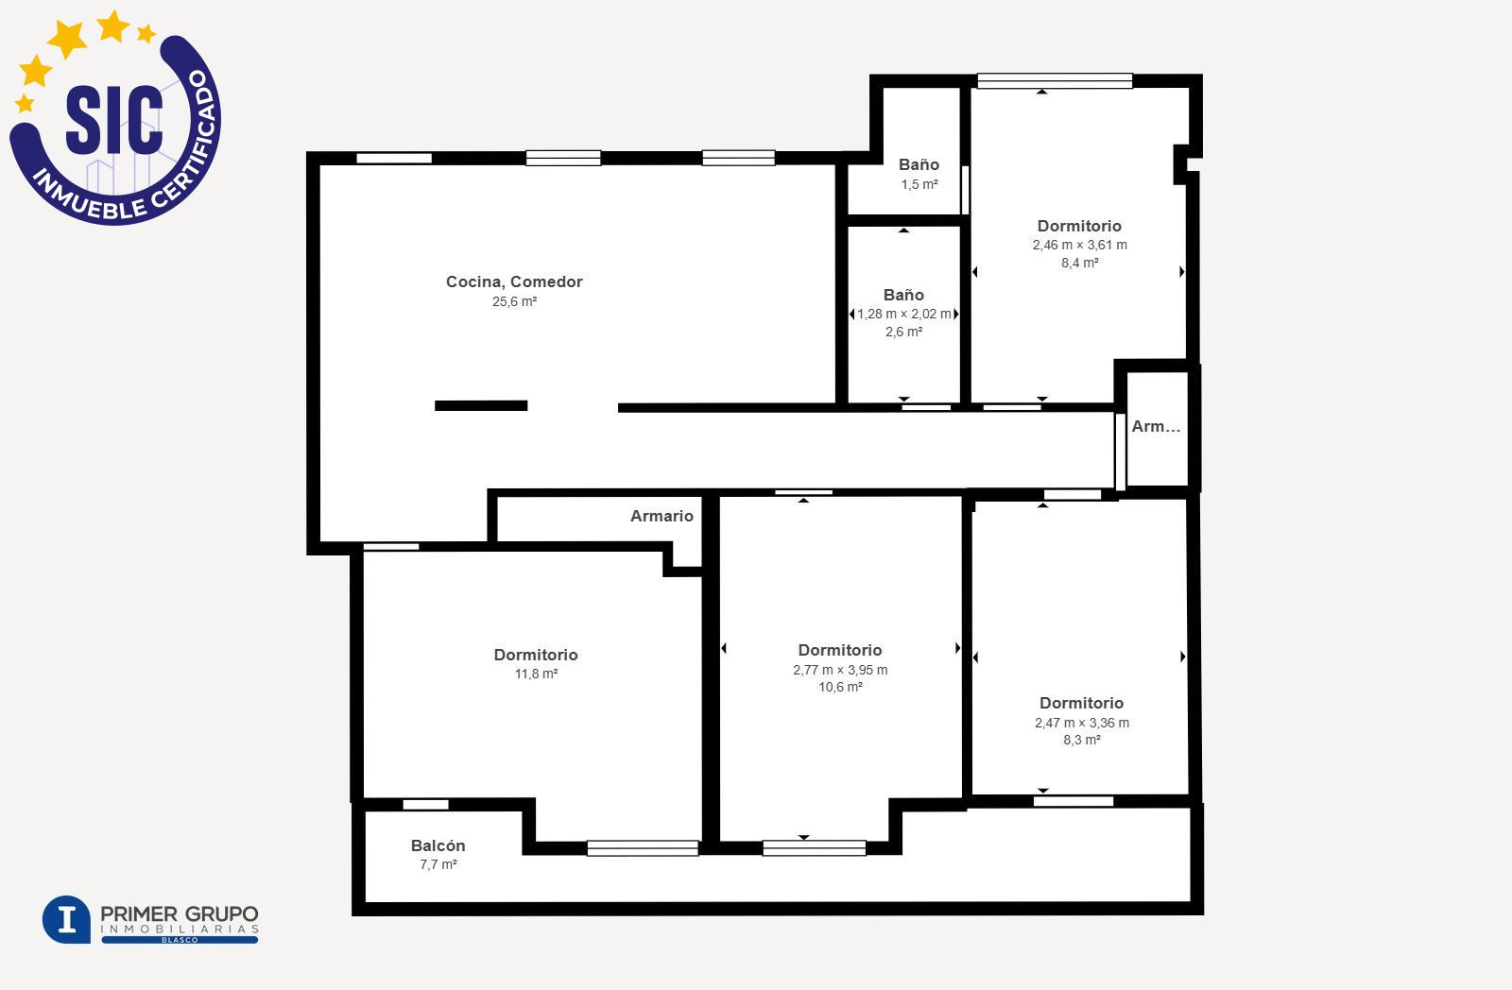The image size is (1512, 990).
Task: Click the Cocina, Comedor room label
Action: [x=514, y=282]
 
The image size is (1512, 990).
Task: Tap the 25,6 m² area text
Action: [x=514, y=301]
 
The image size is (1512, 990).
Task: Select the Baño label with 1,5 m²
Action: [x=919, y=164]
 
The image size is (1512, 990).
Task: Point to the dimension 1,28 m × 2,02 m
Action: [x=903, y=314]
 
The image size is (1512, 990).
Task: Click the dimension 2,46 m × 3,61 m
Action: [x=1079, y=245]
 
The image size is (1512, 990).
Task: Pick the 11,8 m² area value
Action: [x=536, y=674]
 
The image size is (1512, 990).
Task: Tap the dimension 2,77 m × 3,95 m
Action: [x=840, y=670]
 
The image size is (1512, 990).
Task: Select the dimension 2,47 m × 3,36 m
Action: [x=1081, y=723]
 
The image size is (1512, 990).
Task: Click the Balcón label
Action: [x=438, y=845]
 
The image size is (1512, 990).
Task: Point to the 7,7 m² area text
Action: [x=438, y=864]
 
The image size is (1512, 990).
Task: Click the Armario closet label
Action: [x=661, y=517]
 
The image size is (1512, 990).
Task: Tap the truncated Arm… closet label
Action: [x=1156, y=426]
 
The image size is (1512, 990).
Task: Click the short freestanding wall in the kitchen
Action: [x=481, y=405]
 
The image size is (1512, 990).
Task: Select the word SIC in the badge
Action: [x=114, y=119]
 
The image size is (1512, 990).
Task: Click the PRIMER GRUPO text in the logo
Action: [x=179, y=914]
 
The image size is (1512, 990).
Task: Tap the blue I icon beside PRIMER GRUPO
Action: [x=66, y=919]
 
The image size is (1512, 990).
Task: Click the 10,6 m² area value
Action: [x=840, y=688]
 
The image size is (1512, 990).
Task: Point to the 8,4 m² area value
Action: [x=1079, y=264]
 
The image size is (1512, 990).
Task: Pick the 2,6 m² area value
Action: [x=903, y=332]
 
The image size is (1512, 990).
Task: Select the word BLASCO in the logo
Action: [x=180, y=940]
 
